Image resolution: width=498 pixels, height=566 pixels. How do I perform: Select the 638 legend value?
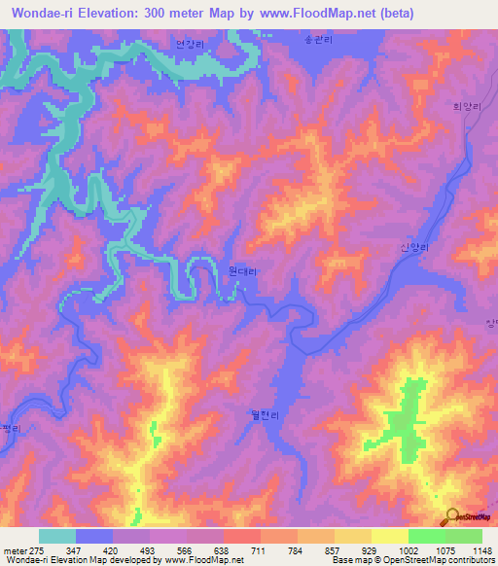click(x=222, y=550)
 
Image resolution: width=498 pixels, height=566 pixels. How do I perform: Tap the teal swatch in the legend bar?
click(x=57, y=536)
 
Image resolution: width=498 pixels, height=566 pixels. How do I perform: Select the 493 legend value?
click(x=149, y=550)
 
